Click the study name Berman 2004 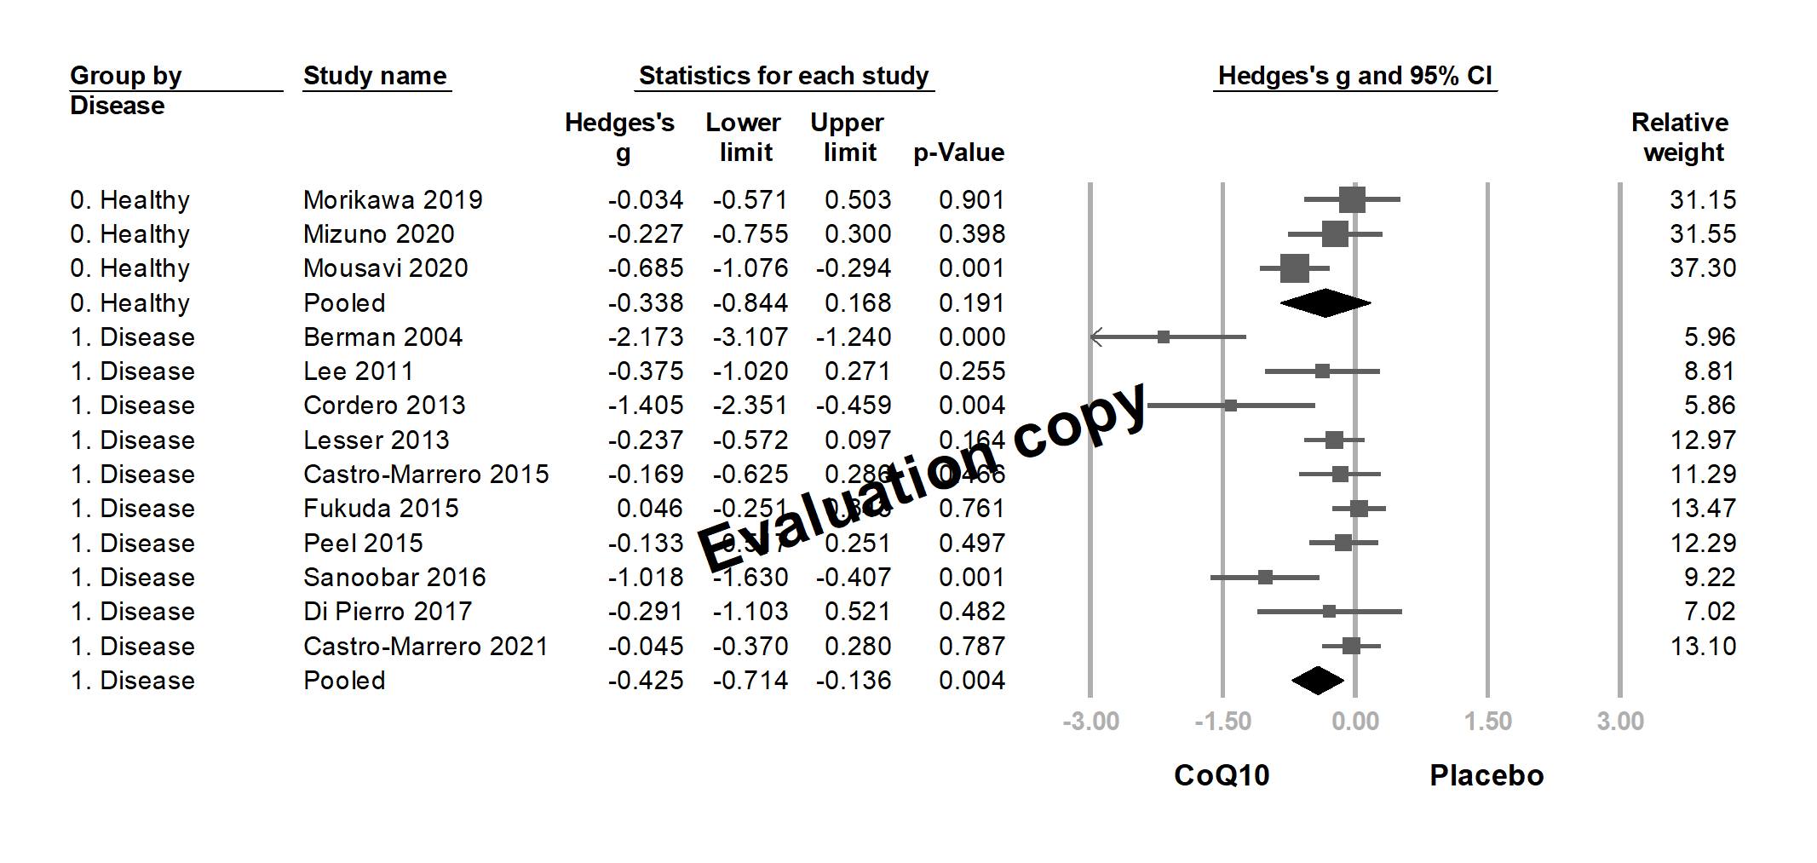coord(382,337)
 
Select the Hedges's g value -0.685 coord(645,268)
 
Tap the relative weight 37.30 coord(1702,268)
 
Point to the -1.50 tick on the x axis coord(1222,722)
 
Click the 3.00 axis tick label coord(1619,722)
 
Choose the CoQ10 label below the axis coord(1222,775)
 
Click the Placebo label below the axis coord(1486,775)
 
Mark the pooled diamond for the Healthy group coord(1325,303)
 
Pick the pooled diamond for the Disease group coord(1318,681)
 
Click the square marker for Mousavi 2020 coord(1294,268)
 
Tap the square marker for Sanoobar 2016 coord(1265,578)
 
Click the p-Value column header coord(958,153)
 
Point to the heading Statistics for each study coord(783,76)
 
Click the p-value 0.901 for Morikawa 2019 coord(971,200)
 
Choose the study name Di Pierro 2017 coord(387,612)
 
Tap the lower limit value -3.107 coord(750,337)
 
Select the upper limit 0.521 coord(857,612)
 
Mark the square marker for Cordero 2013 coord(1230,406)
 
